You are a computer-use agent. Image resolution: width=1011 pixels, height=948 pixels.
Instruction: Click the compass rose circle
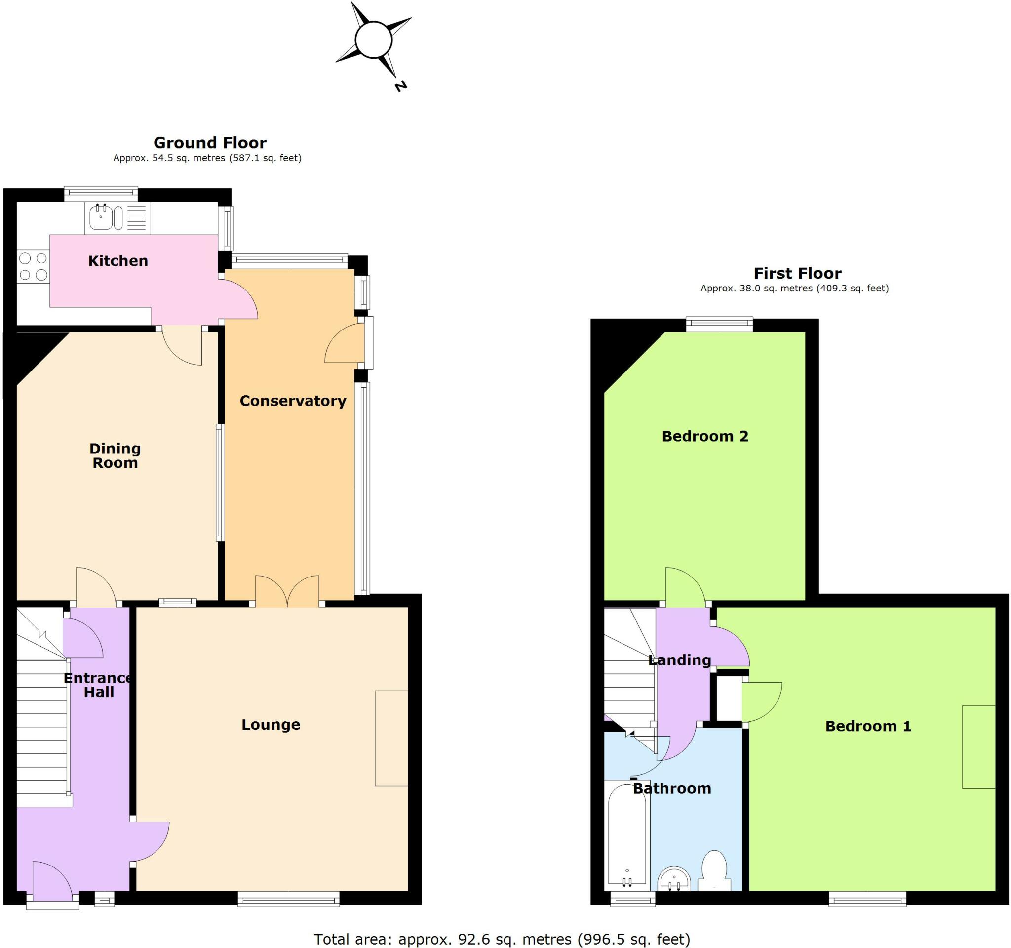pos(373,39)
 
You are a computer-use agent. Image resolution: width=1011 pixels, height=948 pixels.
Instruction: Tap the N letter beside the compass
pos(401,86)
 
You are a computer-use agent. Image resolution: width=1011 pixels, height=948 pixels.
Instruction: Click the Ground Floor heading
pos(210,142)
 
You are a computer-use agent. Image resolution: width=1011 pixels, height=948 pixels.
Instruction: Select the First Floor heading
pos(797,273)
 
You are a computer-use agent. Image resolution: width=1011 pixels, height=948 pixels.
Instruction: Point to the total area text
pos(502,938)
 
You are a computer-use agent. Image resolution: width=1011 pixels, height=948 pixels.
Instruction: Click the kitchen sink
pos(102,218)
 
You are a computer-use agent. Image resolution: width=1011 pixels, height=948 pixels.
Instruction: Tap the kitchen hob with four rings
pos(33,267)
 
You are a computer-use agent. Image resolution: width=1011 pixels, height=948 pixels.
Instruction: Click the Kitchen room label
pos(118,261)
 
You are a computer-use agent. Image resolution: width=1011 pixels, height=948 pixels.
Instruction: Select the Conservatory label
pos(293,401)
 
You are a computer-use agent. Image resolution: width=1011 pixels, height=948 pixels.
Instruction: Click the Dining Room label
pos(115,455)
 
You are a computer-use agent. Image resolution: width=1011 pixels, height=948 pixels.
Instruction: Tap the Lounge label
pos(271,725)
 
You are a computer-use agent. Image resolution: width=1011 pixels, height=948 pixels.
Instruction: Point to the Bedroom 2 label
pos(705,436)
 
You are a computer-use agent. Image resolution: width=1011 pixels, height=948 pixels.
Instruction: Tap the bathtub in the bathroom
pos(627,835)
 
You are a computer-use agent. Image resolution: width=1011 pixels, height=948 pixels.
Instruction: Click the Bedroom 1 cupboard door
pos(761,702)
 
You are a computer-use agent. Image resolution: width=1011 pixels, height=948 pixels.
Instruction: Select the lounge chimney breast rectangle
pos(391,739)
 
